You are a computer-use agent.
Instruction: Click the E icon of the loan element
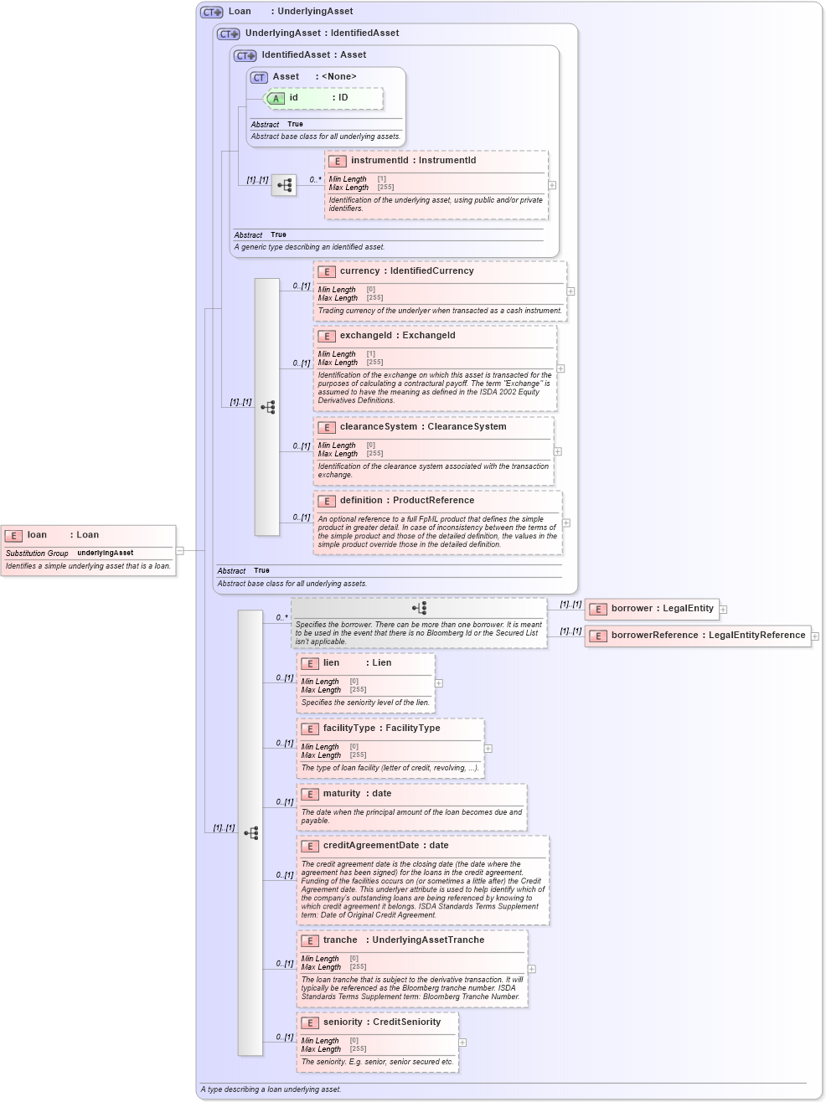click(13, 535)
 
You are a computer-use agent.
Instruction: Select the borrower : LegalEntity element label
click(662, 609)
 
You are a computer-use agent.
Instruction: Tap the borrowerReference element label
click(708, 636)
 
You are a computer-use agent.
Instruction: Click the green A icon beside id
click(276, 99)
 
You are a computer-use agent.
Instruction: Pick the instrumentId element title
click(413, 161)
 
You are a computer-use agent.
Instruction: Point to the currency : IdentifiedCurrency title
click(406, 271)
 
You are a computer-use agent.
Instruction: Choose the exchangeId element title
click(397, 336)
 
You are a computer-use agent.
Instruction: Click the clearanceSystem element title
click(422, 427)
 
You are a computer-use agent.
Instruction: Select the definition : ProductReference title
click(406, 501)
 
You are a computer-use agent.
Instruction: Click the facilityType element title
click(381, 729)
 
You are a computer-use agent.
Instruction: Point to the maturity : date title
click(357, 794)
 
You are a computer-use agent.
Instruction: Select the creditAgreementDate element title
click(385, 846)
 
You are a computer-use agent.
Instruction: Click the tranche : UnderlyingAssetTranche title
click(403, 940)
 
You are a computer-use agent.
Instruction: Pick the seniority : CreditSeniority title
click(381, 1022)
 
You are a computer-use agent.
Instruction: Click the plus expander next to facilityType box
click(488, 749)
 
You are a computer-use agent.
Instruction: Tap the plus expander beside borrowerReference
click(815, 636)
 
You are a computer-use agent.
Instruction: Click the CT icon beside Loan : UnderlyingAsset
click(211, 13)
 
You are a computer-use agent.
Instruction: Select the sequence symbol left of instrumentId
click(284, 185)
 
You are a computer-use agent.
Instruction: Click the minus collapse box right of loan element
click(180, 551)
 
